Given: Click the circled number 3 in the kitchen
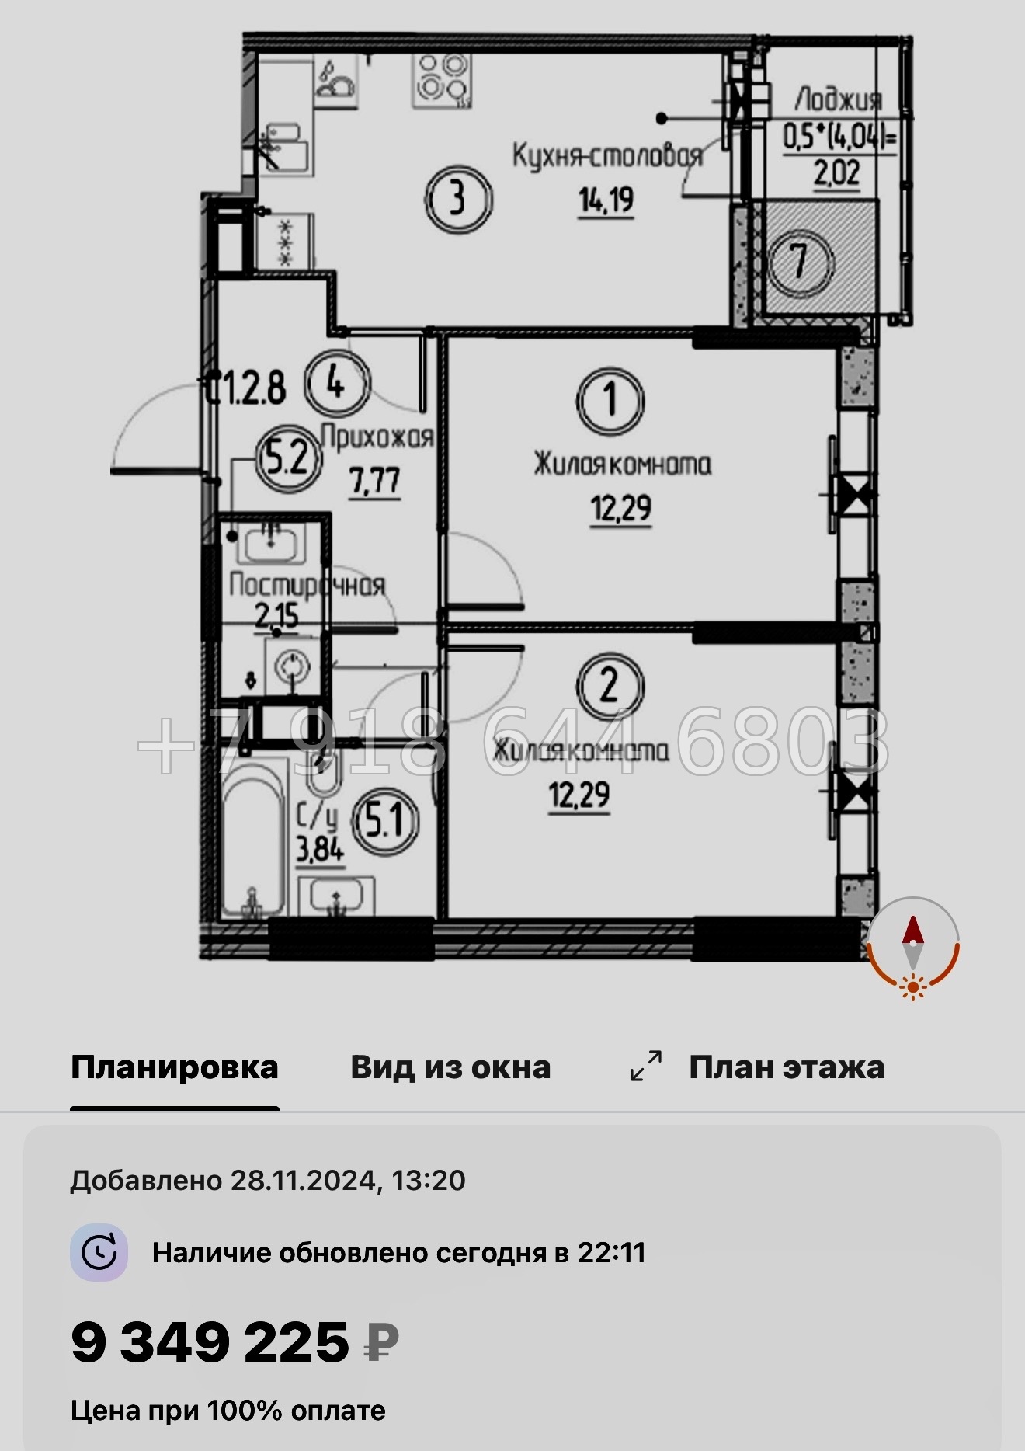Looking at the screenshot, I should tap(458, 199).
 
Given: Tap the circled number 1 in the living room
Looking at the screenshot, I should tap(610, 401).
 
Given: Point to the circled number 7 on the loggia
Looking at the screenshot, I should tap(801, 261).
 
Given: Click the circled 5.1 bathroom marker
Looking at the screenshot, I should tap(385, 821).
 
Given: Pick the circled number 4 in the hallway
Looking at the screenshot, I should tap(336, 382).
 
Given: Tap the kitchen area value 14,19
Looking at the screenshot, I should tap(606, 201).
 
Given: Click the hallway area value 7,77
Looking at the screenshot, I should tap(375, 482).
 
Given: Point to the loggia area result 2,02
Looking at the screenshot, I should tap(836, 172).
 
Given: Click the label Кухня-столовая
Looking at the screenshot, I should tap(607, 155).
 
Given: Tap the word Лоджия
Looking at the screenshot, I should tap(838, 99).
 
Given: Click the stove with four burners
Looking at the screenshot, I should tap(441, 79).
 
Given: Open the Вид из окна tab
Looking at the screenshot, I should tap(450, 1067).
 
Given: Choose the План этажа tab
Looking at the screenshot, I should tap(786, 1067).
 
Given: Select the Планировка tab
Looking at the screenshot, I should tap(175, 1067).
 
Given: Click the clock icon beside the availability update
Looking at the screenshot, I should tap(99, 1252).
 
